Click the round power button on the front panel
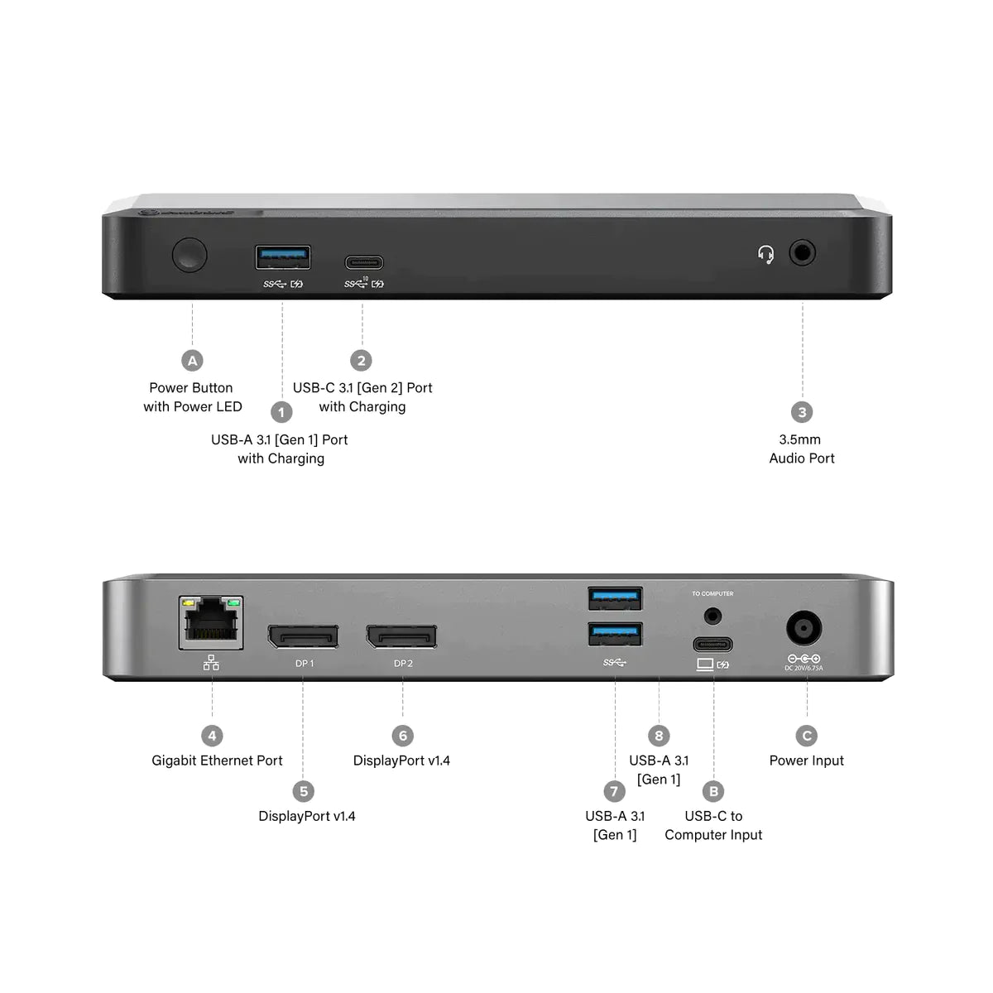click(x=189, y=255)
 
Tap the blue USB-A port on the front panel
click(x=283, y=257)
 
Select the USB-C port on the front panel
click(x=363, y=263)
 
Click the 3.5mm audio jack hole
click(x=802, y=252)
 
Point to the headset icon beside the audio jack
click(x=766, y=253)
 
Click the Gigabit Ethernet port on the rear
click(x=212, y=622)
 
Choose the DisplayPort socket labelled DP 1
click(x=302, y=636)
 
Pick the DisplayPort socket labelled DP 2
click(x=401, y=636)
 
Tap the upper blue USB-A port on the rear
click(x=615, y=597)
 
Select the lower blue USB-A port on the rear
click(x=615, y=634)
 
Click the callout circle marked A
click(x=192, y=360)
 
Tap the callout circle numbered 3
click(x=801, y=412)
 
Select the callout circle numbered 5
click(x=304, y=791)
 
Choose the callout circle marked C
click(x=807, y=736)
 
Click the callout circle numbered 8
click(x=659, y=736)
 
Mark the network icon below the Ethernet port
click(x=211, y=662)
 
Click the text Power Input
click(x=807, y=760)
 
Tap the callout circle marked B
click(x=713, y=791)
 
